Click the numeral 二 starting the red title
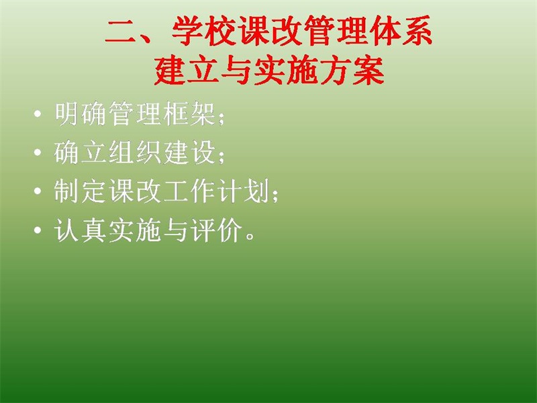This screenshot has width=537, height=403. pos(121,31)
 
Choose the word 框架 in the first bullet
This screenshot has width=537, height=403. pos(189,114)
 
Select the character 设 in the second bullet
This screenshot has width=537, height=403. pos(203,152)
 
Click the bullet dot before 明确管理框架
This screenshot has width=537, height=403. pos(38,114)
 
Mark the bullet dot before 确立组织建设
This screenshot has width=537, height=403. pos(38,152)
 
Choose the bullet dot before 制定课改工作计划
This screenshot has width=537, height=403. pos(38,191)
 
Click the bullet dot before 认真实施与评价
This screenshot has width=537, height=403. pos(38,230)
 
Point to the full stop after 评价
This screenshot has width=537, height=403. pos(250,236)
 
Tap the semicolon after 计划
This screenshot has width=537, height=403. pos(275,195)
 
